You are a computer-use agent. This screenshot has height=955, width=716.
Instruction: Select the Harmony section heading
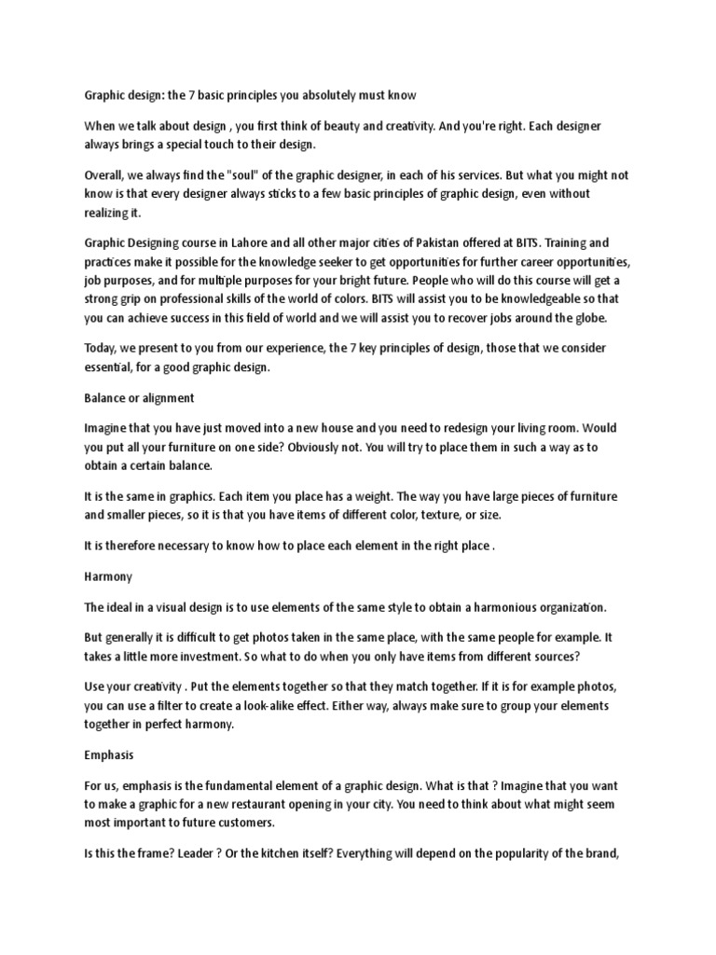[107, 577]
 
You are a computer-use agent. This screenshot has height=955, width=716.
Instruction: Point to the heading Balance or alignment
[139, 397]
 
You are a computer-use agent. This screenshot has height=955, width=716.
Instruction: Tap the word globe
[585, 318]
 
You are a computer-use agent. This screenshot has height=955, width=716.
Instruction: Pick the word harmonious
[484, 607]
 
